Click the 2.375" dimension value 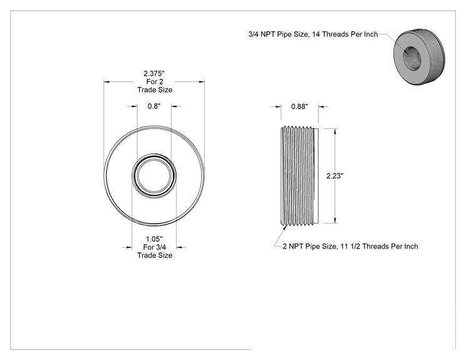(x=154, y=73)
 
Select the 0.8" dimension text (x=154, y=106)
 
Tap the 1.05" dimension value (x=154, y=239)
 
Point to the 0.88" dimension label (x=299, y=106)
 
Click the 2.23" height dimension (x=335, y=176)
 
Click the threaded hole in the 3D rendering (x=412, y=58)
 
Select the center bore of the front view (x=154, y=175)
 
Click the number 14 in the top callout (x=316, y=34)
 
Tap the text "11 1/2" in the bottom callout (x=350, y=246)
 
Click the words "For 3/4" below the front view (x=155, y=247)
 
